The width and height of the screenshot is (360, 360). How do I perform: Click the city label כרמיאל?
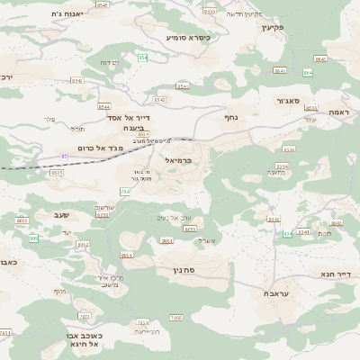(180, 159)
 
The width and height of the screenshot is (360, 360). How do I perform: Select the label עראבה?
(276, 294)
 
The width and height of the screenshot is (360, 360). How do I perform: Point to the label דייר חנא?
(334, 273)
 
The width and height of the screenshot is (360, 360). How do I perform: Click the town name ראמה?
(338, 111)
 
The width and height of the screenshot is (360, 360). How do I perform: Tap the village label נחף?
(230, 117)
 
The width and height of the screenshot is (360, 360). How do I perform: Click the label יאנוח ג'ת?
(67, 14)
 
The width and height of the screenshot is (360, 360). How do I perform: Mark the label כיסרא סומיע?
(188, 38)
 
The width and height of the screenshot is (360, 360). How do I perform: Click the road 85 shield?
(65, 157)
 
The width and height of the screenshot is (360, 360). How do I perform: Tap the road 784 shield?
(125, 192)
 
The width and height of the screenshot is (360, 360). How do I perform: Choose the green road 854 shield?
(142, 58)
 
